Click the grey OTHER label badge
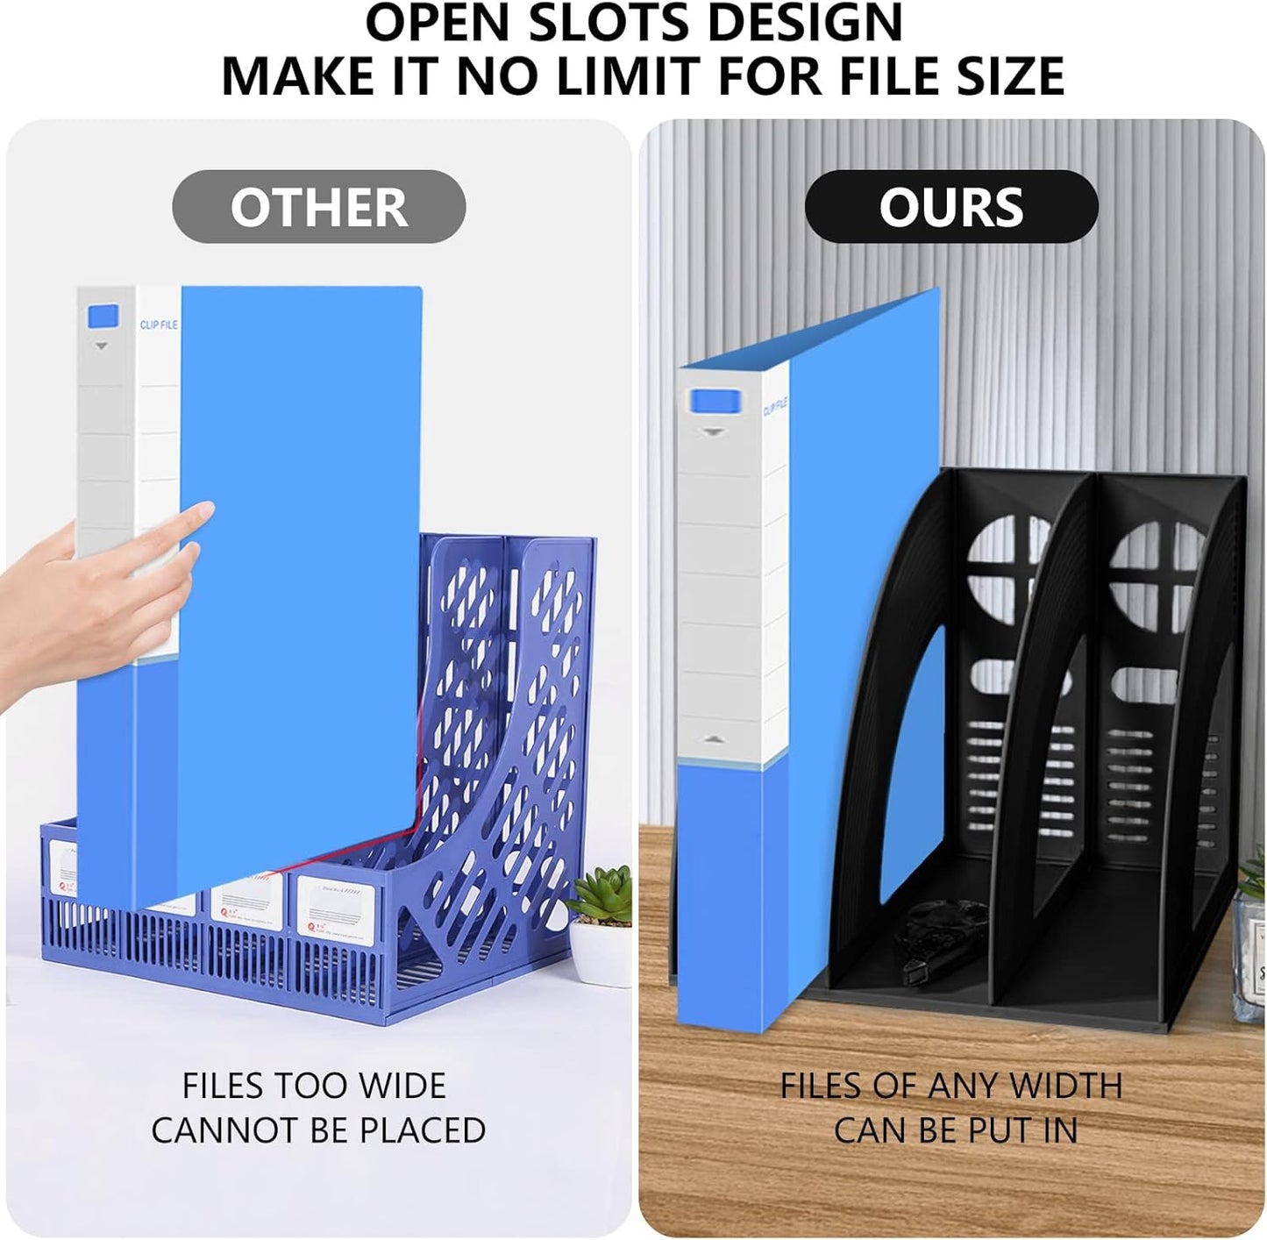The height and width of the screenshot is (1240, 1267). (318, 207)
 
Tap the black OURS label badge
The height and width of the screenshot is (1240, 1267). (951, 207)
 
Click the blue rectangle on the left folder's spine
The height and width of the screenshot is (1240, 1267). (103, 316)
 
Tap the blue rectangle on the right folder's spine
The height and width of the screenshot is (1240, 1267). (715, 402)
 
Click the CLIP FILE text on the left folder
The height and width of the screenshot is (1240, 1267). (159, 324)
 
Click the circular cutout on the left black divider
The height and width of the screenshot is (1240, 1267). (1010, 570)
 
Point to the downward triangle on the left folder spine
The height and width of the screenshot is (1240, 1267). (102, 346)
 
